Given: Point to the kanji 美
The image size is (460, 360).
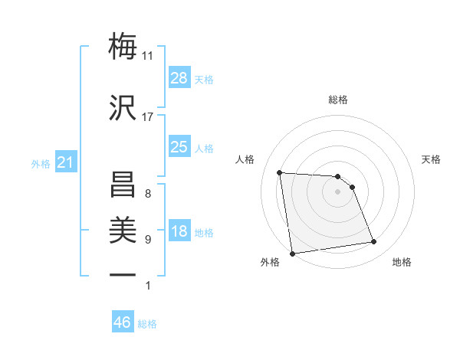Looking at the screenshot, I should [123, 229].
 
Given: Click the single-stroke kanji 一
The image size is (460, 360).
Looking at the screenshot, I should [123, 274].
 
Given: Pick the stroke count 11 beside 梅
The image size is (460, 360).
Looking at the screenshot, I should [148, 55].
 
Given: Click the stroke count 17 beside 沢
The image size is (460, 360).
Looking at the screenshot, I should [148, 117].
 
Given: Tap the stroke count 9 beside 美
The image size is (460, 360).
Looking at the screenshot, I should [148, 240].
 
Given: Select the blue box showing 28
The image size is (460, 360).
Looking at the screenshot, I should [179, 78].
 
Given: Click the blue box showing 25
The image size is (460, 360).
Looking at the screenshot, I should [179, 147].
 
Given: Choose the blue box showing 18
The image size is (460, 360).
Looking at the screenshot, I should [179, 231].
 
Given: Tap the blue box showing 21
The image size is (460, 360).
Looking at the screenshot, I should [65, 162].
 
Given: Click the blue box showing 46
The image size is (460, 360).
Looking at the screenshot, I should [122, 322].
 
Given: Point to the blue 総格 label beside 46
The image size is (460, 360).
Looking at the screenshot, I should [147, 324].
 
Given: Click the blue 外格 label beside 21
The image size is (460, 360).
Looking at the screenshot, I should [40, 164].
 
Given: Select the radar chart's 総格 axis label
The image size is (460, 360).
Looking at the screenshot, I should [337, 100].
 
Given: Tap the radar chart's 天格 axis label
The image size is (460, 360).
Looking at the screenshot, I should [431, 159].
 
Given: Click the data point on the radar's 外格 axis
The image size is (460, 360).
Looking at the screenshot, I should [292, 253].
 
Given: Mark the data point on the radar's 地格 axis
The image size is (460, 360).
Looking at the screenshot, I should [374, 242].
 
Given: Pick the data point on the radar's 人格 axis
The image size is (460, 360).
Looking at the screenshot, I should [280, 172].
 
